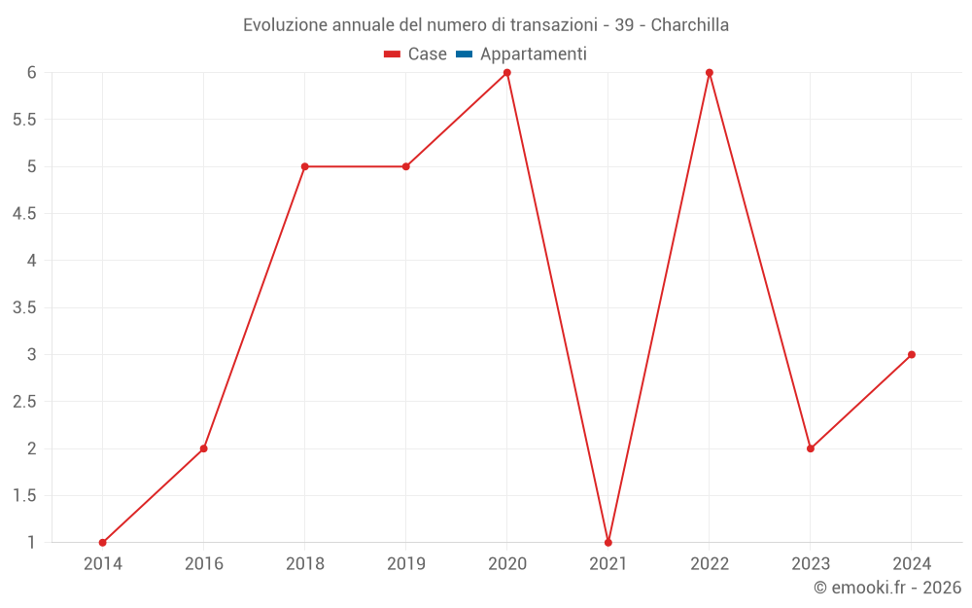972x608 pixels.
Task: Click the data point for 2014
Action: pos(102,543)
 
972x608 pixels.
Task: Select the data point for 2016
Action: pos(203,448)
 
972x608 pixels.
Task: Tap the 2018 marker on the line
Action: pos(304,166)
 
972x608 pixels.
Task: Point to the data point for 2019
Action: pos(405,166)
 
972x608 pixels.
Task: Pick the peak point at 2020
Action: pos(506,73)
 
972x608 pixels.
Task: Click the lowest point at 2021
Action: pos(607,543)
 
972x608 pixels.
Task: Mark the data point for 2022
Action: pos(709,73)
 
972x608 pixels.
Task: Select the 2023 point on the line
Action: pos(810,448)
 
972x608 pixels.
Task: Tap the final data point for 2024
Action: pos(911,354)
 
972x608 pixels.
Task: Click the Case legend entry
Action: pos(416,54)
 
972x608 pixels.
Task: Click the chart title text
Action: pos(486,25)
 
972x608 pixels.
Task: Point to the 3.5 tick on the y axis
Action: pos(24,307)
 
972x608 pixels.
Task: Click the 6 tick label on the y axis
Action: pos(31,73)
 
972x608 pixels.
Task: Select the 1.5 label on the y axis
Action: pos(24,496)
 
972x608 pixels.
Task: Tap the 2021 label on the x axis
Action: pos(607,563)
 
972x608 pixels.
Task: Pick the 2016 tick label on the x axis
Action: pos(203,563)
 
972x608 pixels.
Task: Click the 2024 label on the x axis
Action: pos(911,563)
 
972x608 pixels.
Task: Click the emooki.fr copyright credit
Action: pos(886,588)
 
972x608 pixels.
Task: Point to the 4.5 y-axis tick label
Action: pos(24,214)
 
